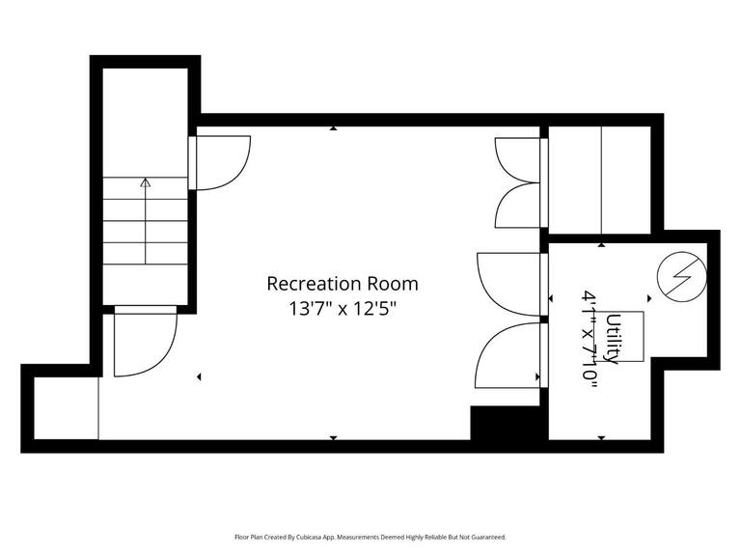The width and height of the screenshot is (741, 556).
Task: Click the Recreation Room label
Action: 343,284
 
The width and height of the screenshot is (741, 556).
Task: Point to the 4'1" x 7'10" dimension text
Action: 590,339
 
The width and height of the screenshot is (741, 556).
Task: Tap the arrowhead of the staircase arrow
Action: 146,181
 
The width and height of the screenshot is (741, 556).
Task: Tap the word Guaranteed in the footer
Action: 485,537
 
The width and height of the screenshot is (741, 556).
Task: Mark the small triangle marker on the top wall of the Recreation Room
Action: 333,127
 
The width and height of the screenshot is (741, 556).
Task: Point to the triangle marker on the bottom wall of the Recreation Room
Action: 333,437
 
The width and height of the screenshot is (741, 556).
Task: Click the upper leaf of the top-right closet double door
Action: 518,159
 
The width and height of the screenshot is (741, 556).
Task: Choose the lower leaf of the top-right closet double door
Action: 518,206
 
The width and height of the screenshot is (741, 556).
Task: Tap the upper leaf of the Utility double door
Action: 508,284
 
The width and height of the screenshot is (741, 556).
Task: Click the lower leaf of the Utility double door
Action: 508,355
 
